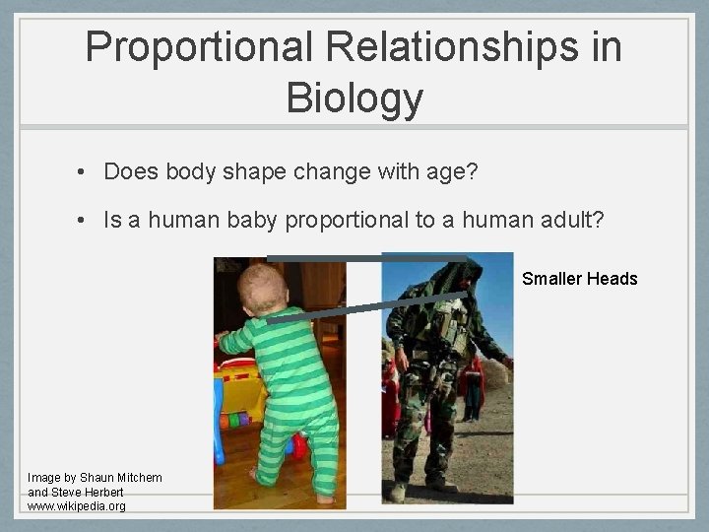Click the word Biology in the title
[x=354, y=98]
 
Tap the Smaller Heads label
[x=579, y=279]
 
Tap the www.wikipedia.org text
[x=77, y=506]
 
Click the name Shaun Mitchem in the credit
[x=121, y=478]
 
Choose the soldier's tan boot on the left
[x=399, y=491]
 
